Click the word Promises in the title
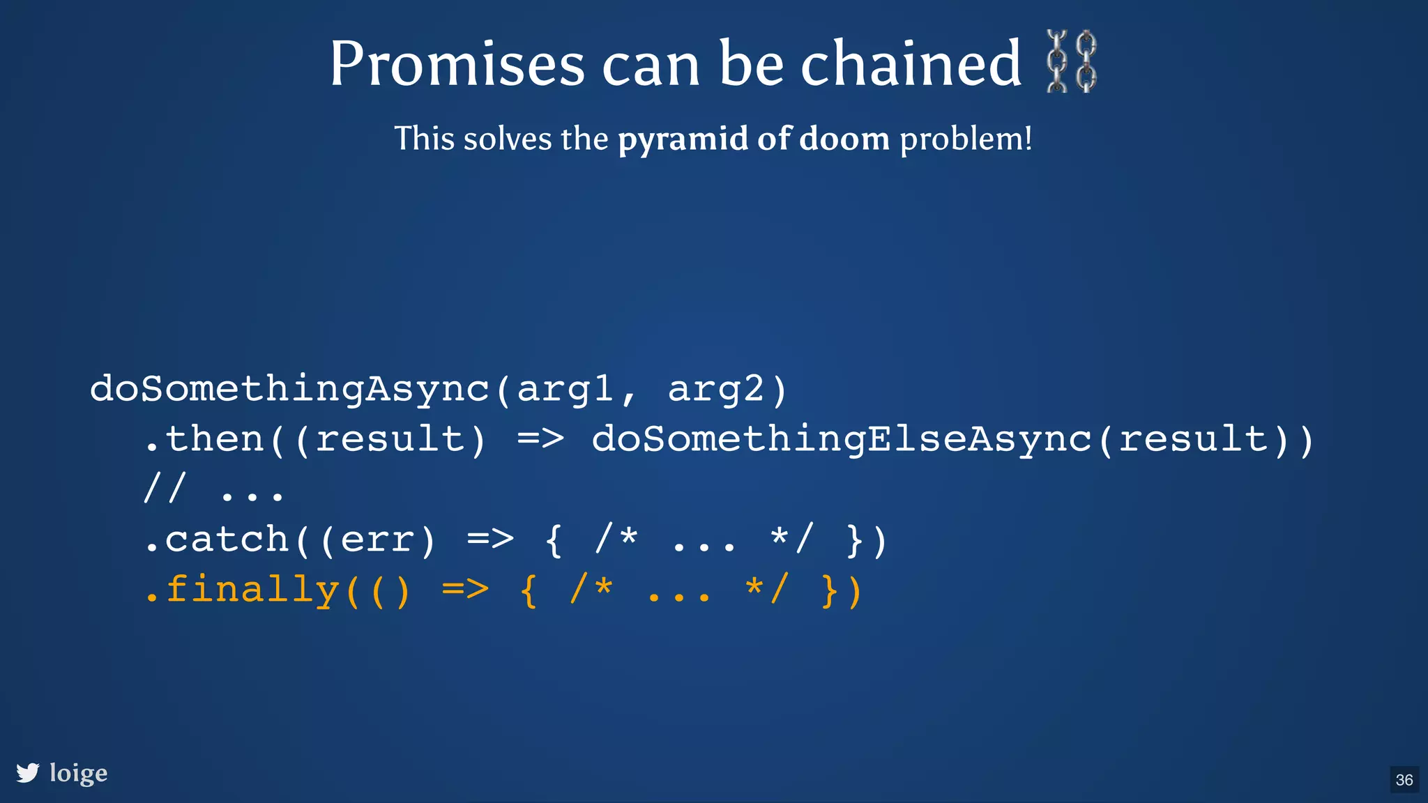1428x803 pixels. [457, 64]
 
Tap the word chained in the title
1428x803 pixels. [911, 64]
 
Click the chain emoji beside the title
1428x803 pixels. [1072, 61]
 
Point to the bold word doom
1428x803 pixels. [844, 139]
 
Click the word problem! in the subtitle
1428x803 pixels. [966, 139]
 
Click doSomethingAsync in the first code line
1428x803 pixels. [289, 388]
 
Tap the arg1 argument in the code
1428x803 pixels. [565, 390]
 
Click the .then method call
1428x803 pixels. [204, 439]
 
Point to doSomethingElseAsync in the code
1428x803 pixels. [842, 439]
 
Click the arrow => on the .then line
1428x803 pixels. [540, 439]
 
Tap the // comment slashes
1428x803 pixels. [165, 489]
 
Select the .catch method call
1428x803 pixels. [216, 540]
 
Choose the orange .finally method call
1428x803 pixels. [241, 590]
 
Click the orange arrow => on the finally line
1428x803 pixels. [465, 590]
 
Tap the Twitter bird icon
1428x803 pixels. [28, 773]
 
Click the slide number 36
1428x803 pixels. [1404, 779]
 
